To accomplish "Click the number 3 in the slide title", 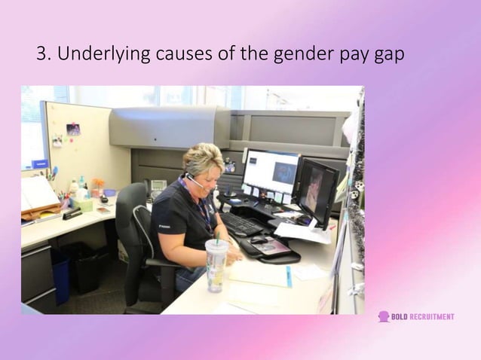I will [41, 54].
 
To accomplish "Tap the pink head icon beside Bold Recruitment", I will [383, 317].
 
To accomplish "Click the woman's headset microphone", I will [198, 185].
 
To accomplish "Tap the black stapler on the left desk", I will [72, 214].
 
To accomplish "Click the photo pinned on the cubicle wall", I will [73, 129].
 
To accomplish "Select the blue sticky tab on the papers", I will [288, 277].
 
